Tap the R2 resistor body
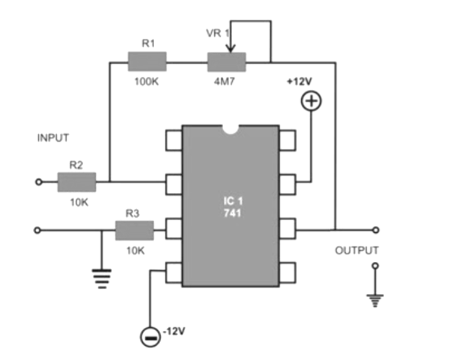pos(76,182)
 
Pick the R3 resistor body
pos(134,230)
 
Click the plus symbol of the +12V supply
pos(311,101)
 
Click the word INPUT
pos(53,138)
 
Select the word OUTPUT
pos(357,251)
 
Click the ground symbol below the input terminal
pos(102,277)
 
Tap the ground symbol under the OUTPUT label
pos(374,300)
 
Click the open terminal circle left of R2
pos(39,182)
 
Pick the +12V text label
pos(300,82)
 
